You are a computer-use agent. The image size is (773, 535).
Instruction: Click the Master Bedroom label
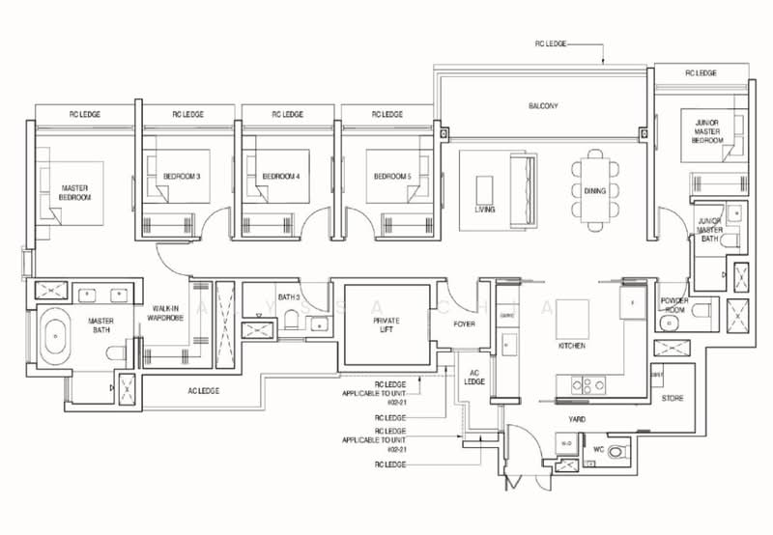[x=75, y=192]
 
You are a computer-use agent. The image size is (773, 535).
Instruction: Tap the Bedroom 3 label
[x=182, y=177]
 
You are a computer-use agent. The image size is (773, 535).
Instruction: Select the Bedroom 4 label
[x=280, y=177]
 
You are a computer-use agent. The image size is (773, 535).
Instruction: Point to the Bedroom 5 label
[x=392, y=177]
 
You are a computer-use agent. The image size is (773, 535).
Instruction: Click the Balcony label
[x=544, y=105]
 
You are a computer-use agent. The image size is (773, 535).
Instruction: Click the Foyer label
[x=464, y=324]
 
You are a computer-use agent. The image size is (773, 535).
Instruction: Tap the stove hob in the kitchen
[x=582, y=382]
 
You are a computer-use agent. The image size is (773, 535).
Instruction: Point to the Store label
[x=673, y=397]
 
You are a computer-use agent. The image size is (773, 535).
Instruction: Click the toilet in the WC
[x=617, y=449]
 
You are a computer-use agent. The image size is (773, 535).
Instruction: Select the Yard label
[x=577, y=419]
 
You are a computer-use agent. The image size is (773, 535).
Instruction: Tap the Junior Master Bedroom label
[x=706, y=131]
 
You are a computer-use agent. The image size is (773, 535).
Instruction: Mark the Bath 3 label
[x=288, y=296]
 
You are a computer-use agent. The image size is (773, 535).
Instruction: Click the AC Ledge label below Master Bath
[x=203, y=390]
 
